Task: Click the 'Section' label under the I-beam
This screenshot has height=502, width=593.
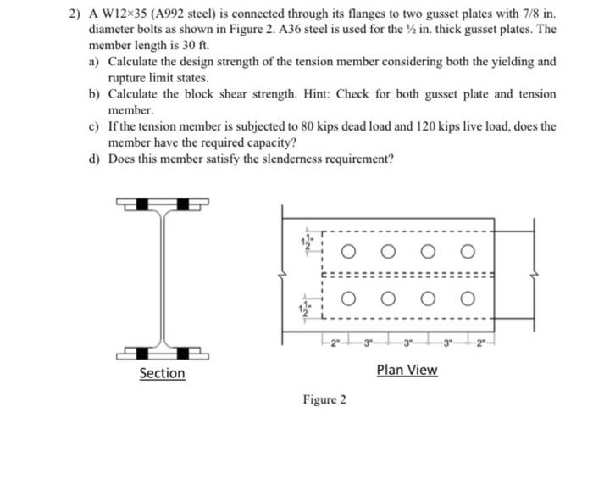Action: (162, 373)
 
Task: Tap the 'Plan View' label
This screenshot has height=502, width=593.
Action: (407, 370)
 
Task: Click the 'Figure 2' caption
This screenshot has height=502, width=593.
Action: (324, 399)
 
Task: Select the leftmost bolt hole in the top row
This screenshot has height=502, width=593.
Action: (349, 252)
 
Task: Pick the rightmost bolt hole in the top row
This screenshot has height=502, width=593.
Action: (465, 252)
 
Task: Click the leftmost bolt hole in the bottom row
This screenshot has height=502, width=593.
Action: (349, 298)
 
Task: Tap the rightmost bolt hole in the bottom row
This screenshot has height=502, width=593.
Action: (465, 298)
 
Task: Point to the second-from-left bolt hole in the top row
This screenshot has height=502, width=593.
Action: (388, 252)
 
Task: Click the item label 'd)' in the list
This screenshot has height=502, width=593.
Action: (95, 158)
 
